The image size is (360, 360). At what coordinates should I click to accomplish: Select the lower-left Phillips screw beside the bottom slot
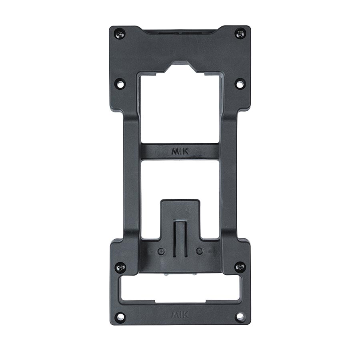click(120, 267)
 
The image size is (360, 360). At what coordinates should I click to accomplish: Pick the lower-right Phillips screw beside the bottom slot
click(240, 267)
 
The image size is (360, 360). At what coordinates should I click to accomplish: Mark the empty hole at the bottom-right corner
click(240, 316)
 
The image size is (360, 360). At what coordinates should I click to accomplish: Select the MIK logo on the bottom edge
click(180, 314)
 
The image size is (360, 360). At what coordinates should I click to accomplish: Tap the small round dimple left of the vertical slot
click(161, 251)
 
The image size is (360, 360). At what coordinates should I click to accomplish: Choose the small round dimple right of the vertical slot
click(199, 251)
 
